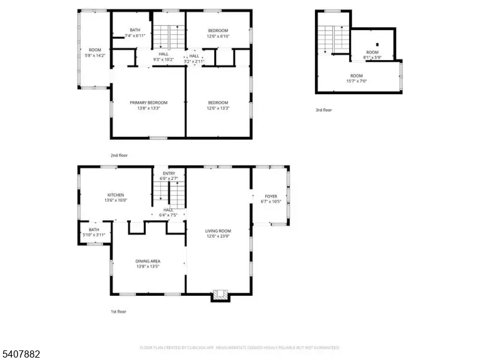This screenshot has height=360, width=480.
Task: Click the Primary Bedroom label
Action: coord(148,103)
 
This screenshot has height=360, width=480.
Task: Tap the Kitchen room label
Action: coord(116,195)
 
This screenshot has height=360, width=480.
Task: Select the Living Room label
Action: coord(218,231)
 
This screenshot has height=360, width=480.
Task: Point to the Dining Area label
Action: coord(148,261)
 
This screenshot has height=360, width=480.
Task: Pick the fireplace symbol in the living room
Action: coord(220,294)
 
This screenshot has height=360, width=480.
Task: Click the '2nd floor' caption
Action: coord(119,155)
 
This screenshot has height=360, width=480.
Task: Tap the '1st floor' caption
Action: coord(118,311)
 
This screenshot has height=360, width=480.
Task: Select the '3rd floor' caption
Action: coord(323,110)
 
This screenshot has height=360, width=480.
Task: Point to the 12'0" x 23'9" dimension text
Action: coord(218,236)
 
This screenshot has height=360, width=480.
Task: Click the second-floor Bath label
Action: coord(136,30)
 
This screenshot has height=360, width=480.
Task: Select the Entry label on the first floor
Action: coord(169,173)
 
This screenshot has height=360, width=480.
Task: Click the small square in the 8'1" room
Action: coord(376,44)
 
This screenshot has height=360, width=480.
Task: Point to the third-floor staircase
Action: coord(332,40)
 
